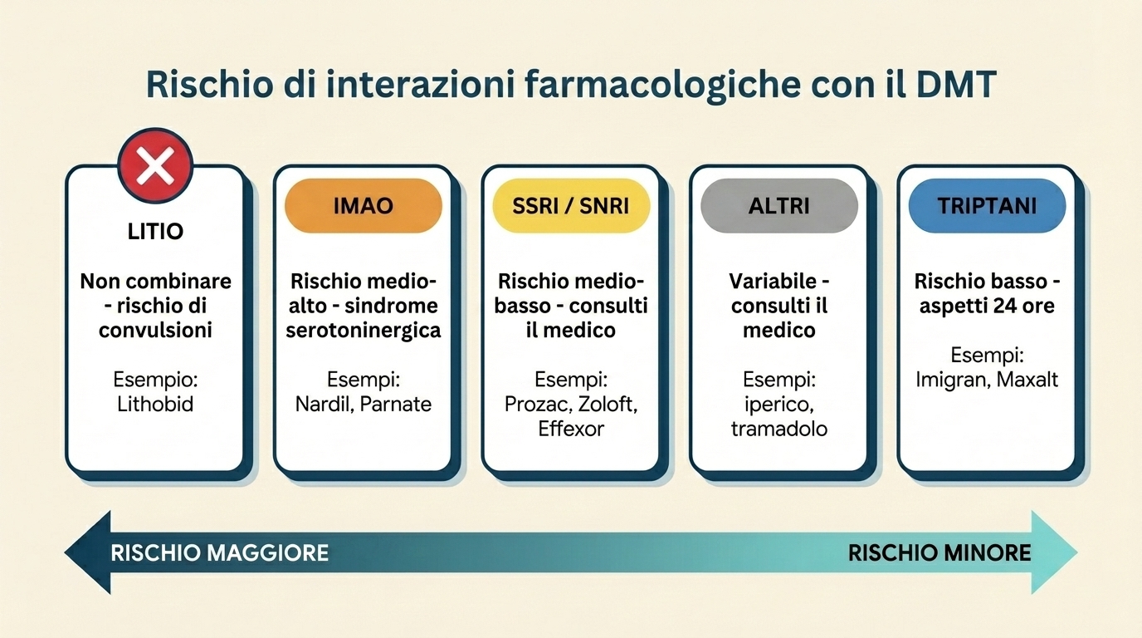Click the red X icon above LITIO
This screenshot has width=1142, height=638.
(x=155, y=166)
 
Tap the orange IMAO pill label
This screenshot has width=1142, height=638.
(x=364, y=206)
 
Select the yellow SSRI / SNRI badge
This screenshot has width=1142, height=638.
(x=571, y=206)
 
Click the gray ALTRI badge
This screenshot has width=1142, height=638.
(x=779, y=206)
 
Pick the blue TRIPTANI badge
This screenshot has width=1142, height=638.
(x=987, y=206)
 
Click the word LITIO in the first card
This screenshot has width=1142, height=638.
(x=155, y=232)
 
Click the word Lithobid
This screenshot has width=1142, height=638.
(x=155, y=405)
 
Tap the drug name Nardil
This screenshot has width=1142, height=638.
(x=325, y=405)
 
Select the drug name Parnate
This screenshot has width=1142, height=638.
(x=396, y=405)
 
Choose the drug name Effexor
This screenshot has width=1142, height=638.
(x=571, y=429)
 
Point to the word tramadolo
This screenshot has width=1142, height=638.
(x=779, y=429)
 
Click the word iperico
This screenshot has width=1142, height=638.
(x=779, y=405)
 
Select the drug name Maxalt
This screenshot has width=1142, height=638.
(x=1027, y=380)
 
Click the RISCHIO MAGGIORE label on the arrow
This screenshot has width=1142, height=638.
(x=220, y=552)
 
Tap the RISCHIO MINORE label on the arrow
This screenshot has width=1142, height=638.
(x=939, y=552)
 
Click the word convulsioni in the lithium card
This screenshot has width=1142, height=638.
(x=155, y=331)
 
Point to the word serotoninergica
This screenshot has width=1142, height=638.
(x=364, y=331)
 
